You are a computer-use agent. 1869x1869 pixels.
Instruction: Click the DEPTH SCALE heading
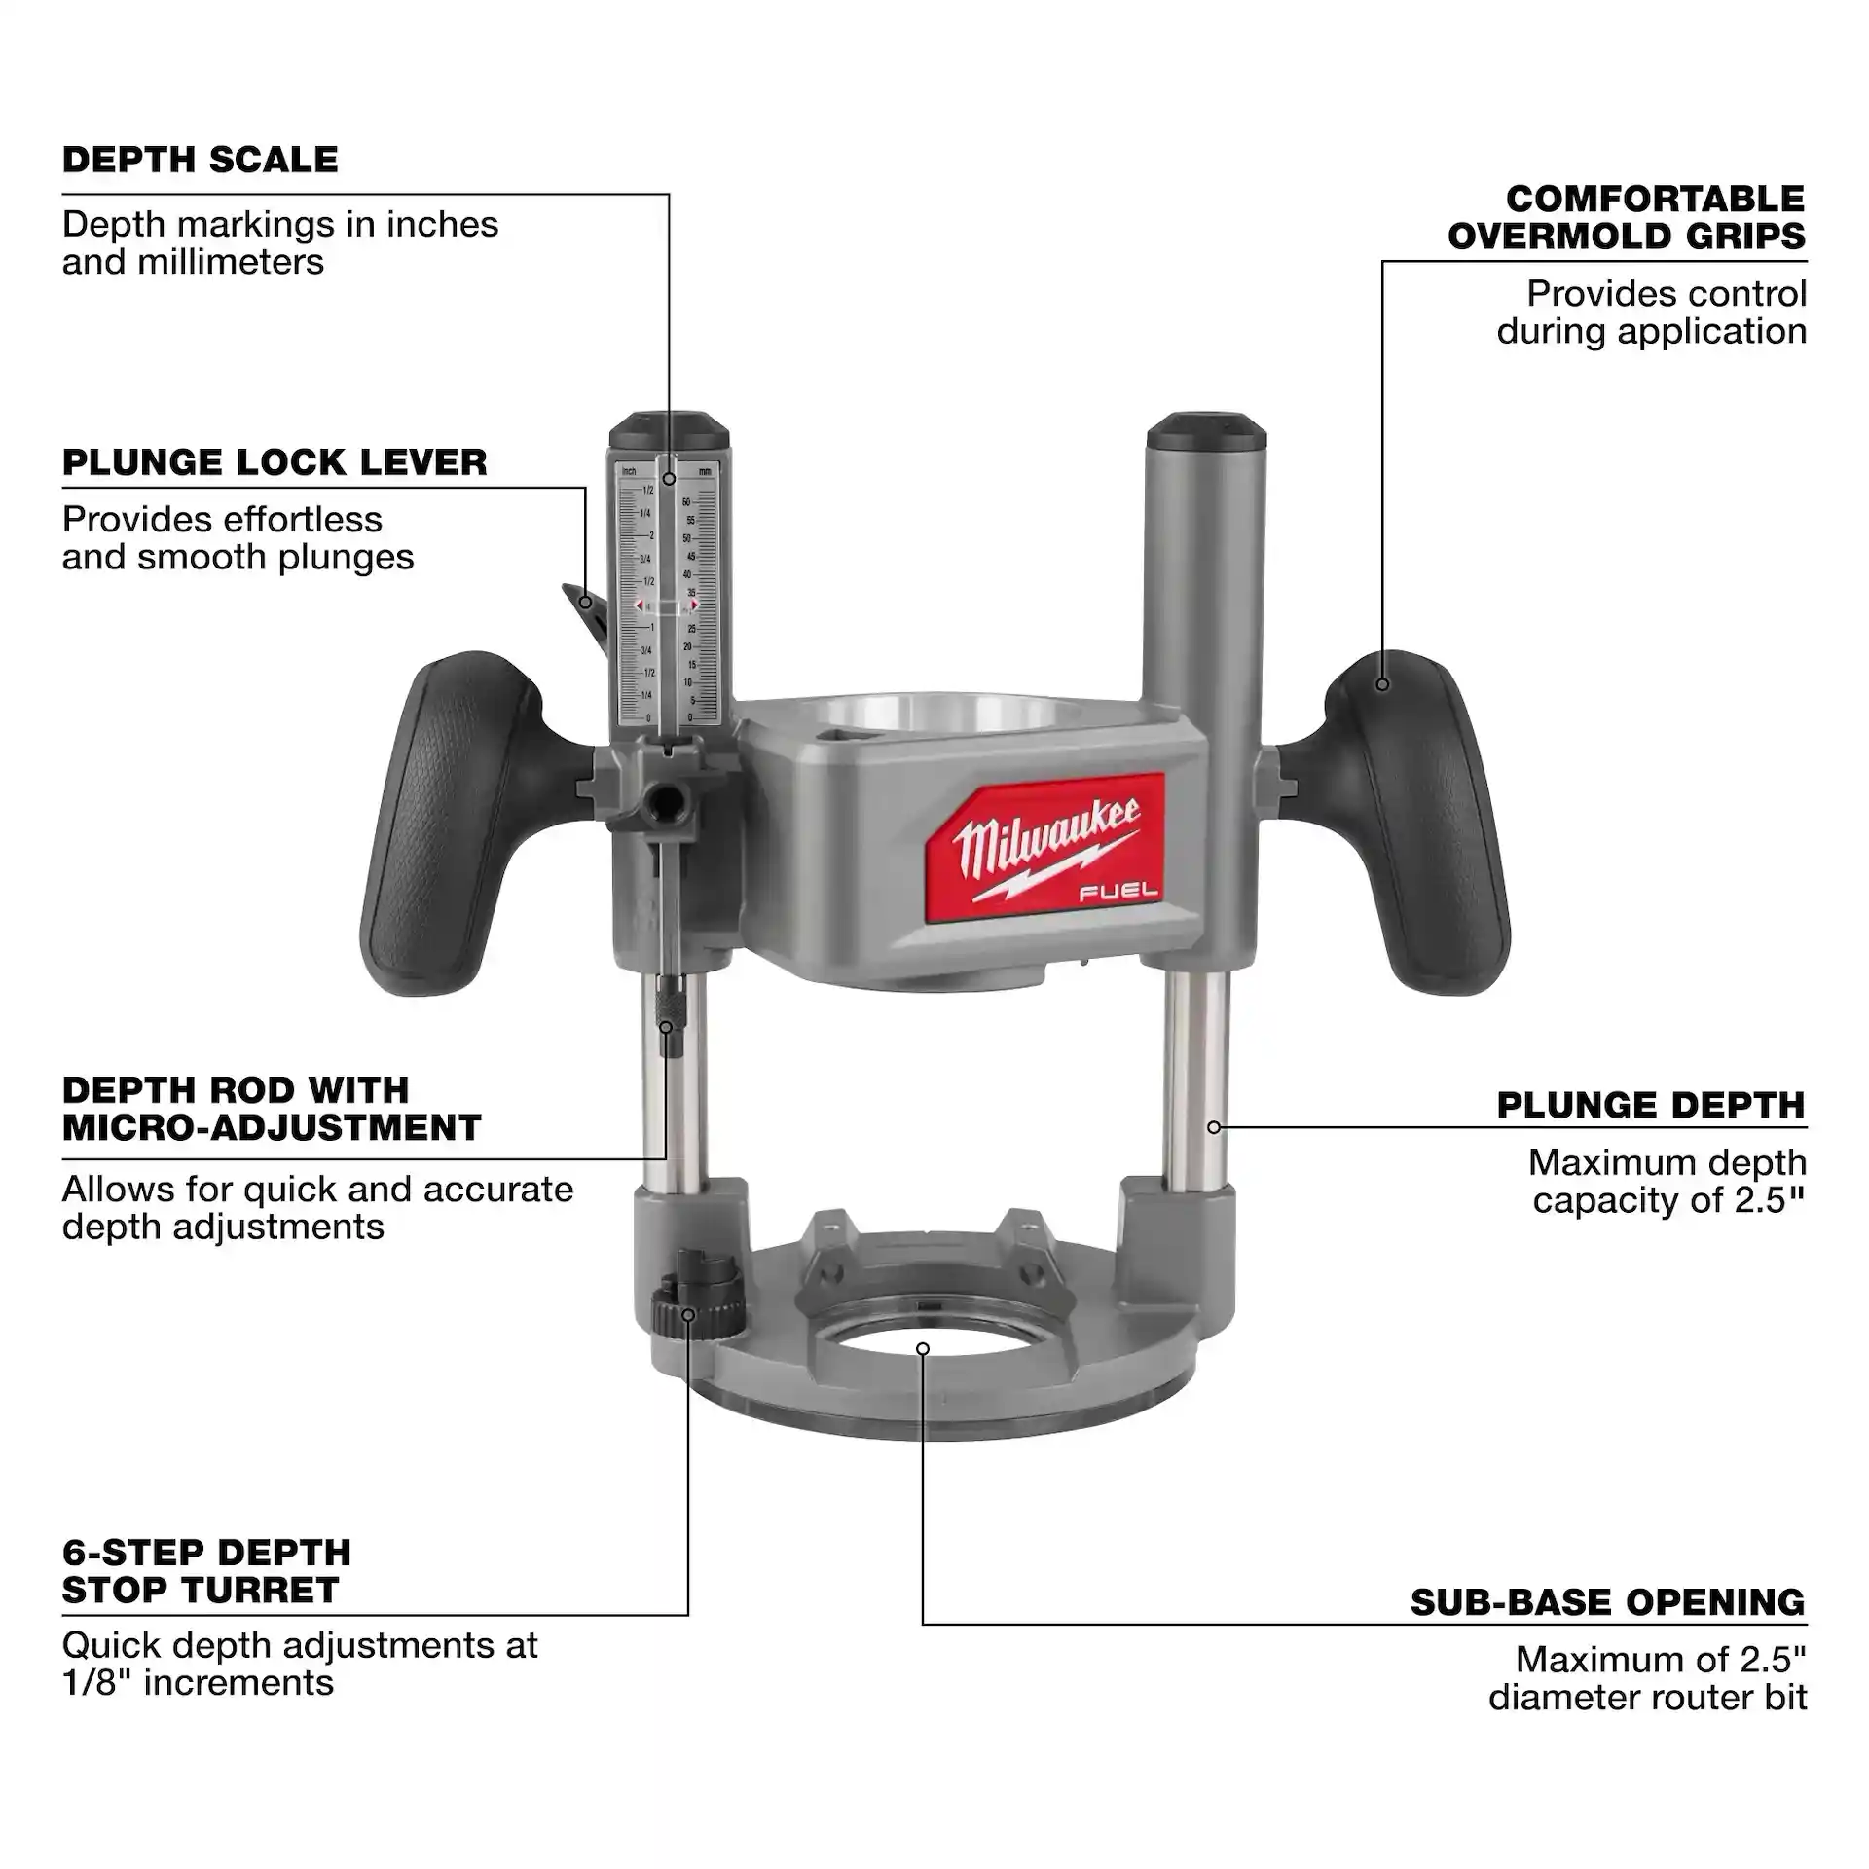201,160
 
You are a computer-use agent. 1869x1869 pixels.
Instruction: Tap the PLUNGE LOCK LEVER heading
275,462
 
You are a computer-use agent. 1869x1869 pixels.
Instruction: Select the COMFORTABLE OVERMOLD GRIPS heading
1626,217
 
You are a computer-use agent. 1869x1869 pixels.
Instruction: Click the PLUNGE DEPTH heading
1651,1105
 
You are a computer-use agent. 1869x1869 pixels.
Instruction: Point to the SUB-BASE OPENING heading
1607,1601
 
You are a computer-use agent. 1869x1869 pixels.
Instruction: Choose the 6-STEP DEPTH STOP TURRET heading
206,1570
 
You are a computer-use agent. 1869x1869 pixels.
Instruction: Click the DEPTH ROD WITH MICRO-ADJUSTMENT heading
272,1109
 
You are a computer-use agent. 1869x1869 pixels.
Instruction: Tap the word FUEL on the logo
1118,890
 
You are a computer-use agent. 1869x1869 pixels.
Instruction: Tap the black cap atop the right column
1205,428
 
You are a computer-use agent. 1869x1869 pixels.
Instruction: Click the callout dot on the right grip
1382,684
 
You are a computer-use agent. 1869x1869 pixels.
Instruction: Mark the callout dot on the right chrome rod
1214,1127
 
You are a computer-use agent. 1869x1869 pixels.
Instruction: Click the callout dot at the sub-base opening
923,1348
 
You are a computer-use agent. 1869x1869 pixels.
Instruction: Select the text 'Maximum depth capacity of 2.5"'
1667,1181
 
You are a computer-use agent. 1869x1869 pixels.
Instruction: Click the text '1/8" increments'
198,1682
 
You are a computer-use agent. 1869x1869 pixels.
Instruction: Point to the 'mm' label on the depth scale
705,471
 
